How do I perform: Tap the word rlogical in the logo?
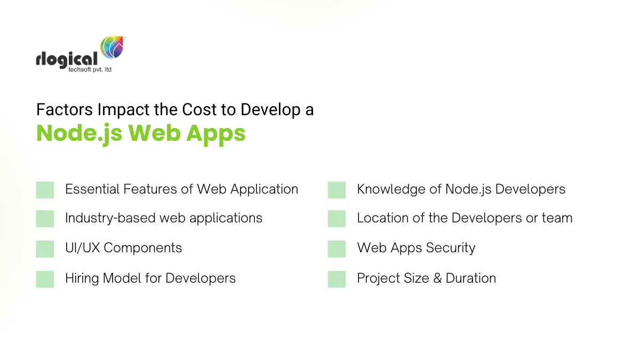tap(67, 59)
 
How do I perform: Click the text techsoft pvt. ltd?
tap(90, 70)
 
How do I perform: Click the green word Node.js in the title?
tap(80, 133)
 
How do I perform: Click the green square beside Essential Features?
tap(45, 190)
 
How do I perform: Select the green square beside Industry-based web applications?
tap(45, 219)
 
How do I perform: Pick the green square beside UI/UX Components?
tap(45, 249)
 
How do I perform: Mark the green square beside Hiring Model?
tap(45, 279)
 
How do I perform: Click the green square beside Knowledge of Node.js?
tap(337, 190)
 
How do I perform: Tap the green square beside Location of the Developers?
tap(337, 219)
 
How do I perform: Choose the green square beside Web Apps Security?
tap(337, 249)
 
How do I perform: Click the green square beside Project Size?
tap(337, 279)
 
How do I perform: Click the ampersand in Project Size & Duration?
tap(437, 278)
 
